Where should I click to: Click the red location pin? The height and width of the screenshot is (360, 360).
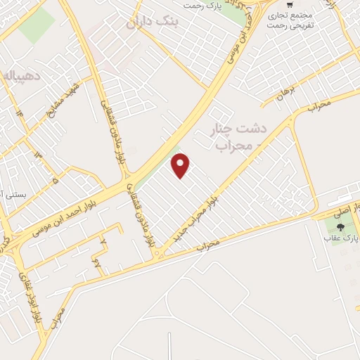(x=181, y=165)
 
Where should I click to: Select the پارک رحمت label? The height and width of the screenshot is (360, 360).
(x=203, y=6)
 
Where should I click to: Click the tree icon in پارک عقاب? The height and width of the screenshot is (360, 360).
(x=341, y=226)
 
